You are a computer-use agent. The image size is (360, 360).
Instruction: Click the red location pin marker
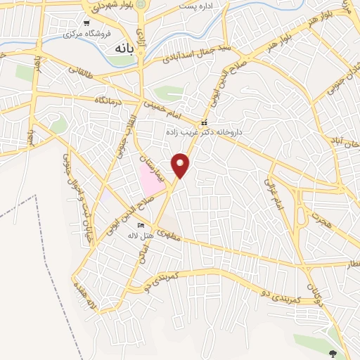tap(181, 165)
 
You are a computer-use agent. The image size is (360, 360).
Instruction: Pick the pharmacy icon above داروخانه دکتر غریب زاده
tap(205, 121)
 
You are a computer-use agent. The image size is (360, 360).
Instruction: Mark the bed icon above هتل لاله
tap(141, 225)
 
